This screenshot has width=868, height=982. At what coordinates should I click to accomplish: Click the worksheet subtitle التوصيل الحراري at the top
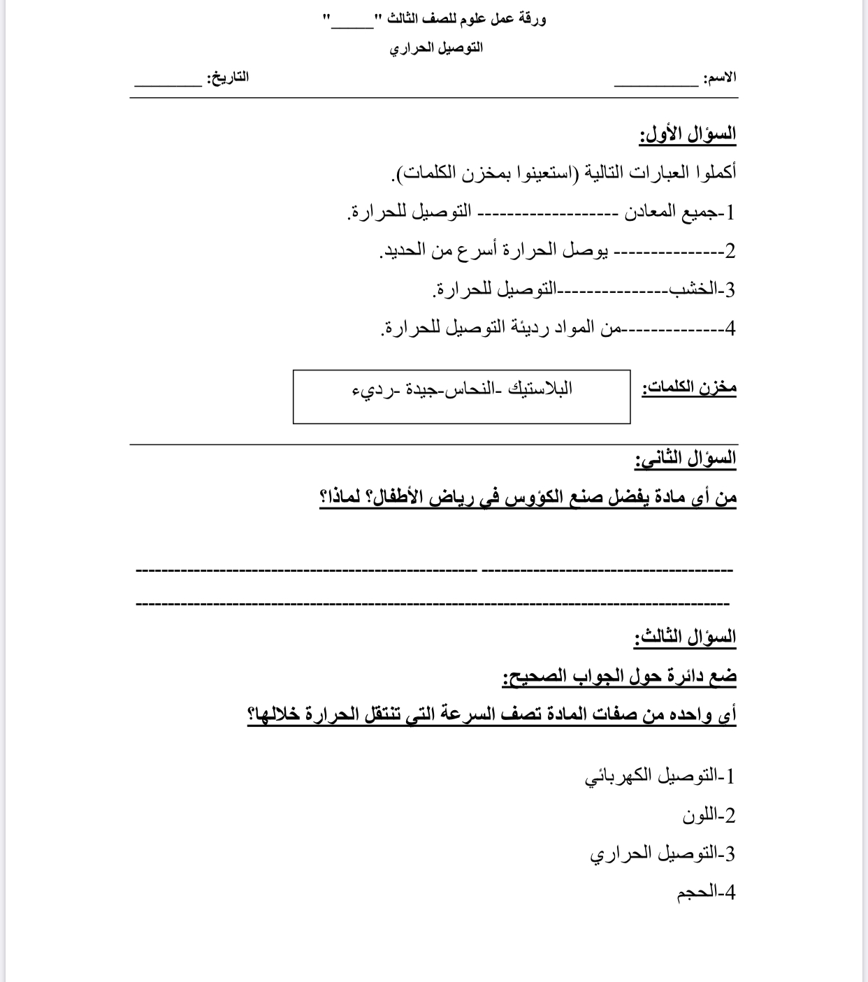[436, 48]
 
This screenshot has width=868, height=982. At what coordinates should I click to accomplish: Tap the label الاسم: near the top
[719, 77]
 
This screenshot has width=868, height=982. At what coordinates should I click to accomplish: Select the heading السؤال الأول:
[688, 133]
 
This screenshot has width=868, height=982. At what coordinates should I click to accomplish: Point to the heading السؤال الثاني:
[686, 458]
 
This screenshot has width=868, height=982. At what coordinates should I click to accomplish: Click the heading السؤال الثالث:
[686, 637]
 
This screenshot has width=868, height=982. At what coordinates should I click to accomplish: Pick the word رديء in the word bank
[367, 389]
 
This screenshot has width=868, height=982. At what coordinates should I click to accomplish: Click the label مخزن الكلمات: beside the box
[689, 387]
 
